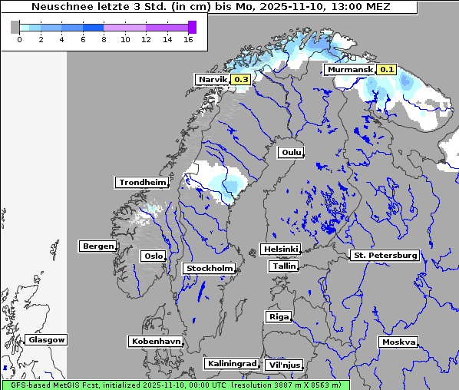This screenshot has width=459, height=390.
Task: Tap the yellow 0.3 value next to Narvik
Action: click(241, 79)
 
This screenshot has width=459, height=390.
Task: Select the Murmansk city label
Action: click(349, 70)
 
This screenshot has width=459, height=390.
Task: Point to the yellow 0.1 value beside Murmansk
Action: click(386, 70)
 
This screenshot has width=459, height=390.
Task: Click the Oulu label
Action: click(291, 153)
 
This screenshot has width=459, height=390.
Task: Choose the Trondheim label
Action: click(142, 183)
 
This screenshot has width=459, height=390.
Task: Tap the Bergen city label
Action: click(97, 246)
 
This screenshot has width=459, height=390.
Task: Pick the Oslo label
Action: click(153, 256)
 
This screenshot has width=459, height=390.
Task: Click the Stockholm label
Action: click(209, 269)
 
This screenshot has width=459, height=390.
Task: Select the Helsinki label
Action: click(280, 250)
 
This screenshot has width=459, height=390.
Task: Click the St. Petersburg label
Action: click(384, 255)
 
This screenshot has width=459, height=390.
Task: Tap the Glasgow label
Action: click(46, 340)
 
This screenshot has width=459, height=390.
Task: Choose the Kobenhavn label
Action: click(156, 341)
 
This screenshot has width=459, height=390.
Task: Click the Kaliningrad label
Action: click(231, 363)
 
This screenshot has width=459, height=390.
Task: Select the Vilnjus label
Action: click(283, 365)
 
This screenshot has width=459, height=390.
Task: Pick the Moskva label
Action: click(398, 342)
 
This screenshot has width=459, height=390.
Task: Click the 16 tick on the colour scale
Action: click(188, 39)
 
